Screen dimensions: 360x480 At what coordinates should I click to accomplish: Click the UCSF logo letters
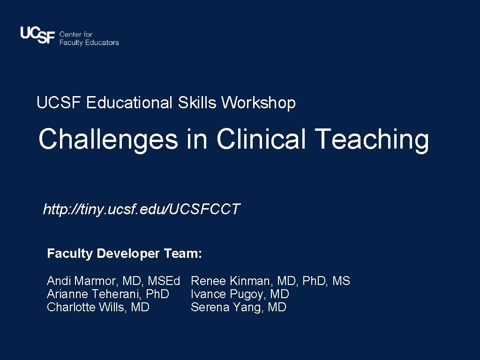(37, 36)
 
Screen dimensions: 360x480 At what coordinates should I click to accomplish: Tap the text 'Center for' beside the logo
(76, 34)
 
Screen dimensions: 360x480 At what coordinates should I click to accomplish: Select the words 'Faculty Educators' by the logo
(89, 43)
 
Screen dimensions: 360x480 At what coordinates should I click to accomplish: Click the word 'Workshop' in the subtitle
(258, 103)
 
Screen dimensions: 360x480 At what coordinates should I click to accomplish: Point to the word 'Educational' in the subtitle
(129, 103)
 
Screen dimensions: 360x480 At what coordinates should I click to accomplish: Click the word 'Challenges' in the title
(108, 140)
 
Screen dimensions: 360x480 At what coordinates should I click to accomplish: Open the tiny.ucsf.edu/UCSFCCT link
(141, 209)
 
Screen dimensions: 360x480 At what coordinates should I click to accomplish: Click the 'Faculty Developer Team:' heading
(124, 254)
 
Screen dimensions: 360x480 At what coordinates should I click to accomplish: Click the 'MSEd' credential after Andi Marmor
(164, 281)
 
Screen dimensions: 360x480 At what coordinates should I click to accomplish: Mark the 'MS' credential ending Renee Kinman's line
(341, 281)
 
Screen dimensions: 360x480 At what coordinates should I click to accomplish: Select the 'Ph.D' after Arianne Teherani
(158, 294)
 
